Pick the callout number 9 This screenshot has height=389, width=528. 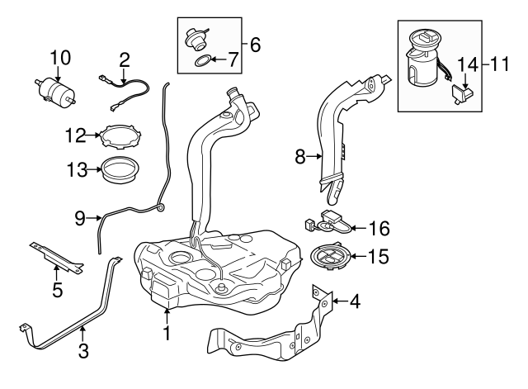(x=80, y=218)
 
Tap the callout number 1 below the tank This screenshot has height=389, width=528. (x=167, y=334)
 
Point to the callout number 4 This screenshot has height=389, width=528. (x=355, y=302)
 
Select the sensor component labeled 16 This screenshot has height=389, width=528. (x=330, y=222)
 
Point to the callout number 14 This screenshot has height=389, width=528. (x=467, y=63)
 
